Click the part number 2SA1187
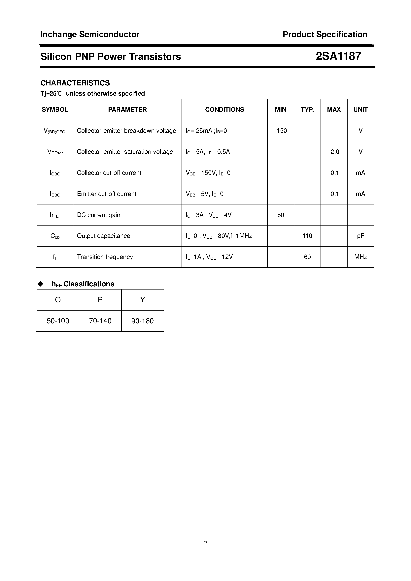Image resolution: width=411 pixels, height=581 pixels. click(x=338, y=56)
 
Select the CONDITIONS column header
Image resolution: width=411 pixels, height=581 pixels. click(x=224, y=109)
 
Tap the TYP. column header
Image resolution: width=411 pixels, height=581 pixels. click(x=307, y=109)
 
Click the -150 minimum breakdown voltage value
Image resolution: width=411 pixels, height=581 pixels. click(x=281, y=131)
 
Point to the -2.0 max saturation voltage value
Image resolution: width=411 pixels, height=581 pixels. click(x=334, y=152)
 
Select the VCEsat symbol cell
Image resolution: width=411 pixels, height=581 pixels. click(x=55, y=152)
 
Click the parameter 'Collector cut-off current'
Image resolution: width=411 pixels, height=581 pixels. click(x=109, y=173)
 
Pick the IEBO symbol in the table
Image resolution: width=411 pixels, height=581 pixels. click(x=55, y=194)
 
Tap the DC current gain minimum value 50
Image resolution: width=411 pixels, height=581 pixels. click(x=281, y=215)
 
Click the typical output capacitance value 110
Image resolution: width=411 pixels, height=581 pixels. click(x=307, y=236)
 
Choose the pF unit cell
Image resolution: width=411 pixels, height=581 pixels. click(x=360, y=236)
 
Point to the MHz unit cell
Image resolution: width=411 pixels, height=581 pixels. click(x=360, y=257)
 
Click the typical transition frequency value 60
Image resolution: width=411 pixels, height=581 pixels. click(x=307, y=257)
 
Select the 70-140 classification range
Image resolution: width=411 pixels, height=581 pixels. click(x=100, y=321)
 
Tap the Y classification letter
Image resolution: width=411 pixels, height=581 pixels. click(x=143, y=300)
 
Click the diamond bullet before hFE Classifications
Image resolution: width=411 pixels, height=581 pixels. click(x=40, y=284)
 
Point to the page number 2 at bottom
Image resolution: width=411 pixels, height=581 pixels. click(x=205, y=543)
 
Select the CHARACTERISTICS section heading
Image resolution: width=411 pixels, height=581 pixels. click(x=75, y=83)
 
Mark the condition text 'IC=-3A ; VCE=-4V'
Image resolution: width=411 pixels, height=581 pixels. click(x=208, y=215)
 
